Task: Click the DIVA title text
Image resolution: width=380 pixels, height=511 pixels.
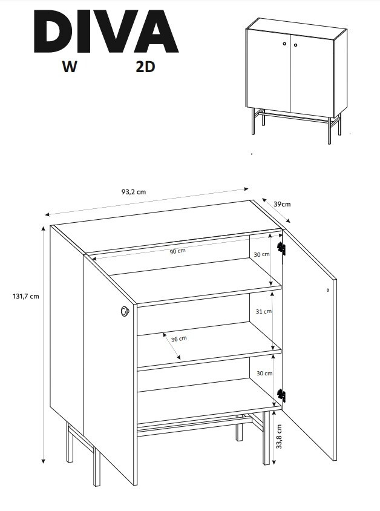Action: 106,31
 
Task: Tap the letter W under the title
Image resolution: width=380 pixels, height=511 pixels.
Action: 70,67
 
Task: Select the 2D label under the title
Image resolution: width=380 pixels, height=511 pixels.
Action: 145,67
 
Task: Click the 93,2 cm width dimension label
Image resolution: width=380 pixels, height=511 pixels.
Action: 134,191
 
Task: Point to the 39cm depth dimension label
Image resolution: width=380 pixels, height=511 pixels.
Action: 282,204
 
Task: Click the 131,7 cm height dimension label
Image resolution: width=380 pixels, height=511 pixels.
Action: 26,296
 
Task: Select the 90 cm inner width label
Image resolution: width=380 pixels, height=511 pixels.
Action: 177,251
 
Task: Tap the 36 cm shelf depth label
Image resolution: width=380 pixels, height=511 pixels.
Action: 179,339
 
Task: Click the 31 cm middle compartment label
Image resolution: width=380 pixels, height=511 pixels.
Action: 263,311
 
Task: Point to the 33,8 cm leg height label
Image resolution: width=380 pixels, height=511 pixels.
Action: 279,436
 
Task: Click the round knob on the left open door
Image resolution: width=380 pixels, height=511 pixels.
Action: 125,311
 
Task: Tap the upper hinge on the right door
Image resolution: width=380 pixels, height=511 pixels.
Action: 281,248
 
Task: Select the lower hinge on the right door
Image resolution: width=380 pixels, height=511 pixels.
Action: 281,395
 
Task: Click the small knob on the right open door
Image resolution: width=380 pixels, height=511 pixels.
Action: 327,290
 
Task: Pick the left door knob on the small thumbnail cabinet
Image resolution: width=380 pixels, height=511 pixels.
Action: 284,44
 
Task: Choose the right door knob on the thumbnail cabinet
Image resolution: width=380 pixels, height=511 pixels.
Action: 296,45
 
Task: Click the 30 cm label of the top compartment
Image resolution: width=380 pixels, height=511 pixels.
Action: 261,254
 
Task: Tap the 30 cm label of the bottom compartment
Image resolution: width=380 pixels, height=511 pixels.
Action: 264,373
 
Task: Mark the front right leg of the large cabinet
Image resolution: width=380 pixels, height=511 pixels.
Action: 267,438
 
